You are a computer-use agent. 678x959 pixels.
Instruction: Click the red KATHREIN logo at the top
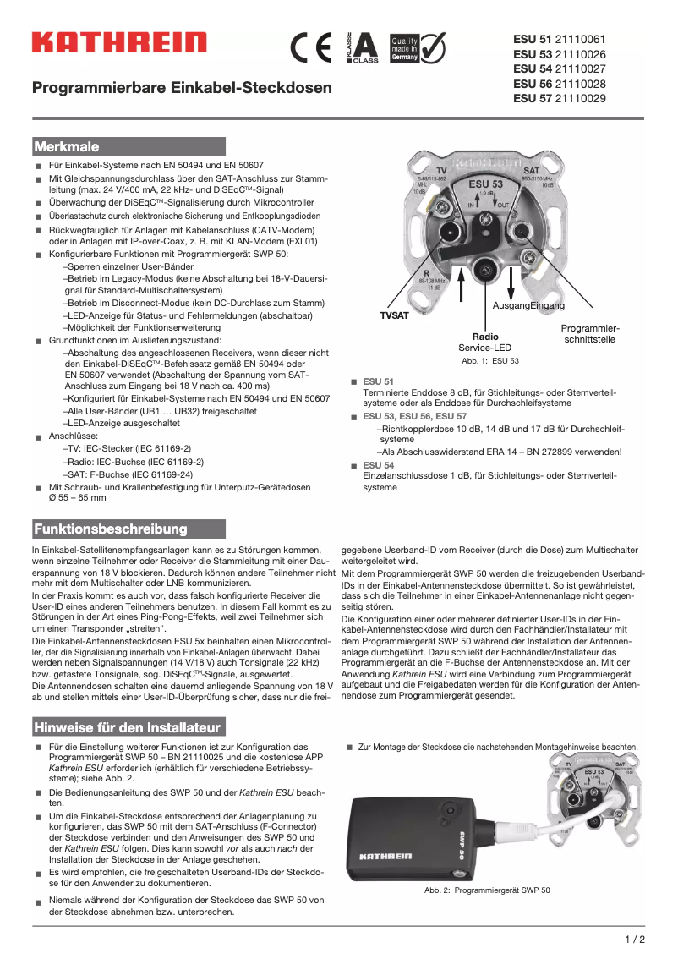(119, 42)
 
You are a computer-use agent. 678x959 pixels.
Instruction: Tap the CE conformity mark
(311, 47)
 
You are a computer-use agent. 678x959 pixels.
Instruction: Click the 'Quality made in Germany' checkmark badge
(417, 47)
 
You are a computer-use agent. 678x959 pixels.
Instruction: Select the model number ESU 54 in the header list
(532, 68)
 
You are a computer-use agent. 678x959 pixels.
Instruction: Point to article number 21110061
(580, 39)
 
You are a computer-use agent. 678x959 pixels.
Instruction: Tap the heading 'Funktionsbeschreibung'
(110, 529)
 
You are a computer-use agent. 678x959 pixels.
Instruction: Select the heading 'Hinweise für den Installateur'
(127, 727)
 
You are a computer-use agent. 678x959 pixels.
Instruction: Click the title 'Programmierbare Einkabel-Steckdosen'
(182, 88)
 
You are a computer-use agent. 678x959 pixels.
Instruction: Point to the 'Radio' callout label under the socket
(484, 337)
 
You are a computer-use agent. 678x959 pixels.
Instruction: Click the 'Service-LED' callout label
(484, 348)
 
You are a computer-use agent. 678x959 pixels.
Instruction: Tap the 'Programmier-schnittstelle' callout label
(590, 333)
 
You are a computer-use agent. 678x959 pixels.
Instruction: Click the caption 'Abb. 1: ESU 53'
(490, 361)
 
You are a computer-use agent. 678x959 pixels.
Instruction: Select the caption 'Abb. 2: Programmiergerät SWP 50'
(487, 890)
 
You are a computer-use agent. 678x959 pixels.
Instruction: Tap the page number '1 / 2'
(634, 939)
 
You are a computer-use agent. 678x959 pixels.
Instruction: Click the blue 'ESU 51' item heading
(378, 382)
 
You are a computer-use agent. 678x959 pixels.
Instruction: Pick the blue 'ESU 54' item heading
(378, 465)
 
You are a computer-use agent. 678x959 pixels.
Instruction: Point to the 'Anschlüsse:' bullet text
(74, 436)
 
